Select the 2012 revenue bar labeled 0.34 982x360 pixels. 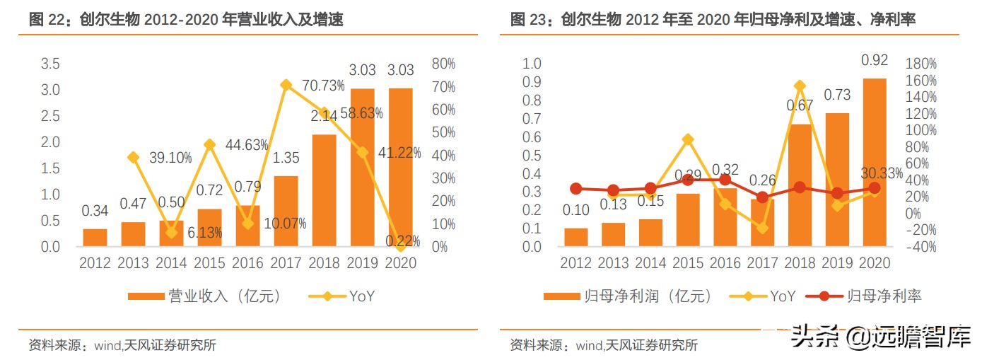click(x=95, y=238)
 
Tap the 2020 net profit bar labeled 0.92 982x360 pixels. click(x=874, y=163)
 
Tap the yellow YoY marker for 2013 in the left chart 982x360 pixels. click(x=132, y=157)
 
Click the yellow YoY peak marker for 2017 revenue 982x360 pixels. click(x=286, y=85)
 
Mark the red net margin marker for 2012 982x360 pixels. click(x=576, y=189)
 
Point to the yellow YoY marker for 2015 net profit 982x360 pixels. click(x=688, y=139)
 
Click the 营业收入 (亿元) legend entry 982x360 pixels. click(x=204, y=296)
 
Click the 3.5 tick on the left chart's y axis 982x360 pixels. click(x=50, y=64)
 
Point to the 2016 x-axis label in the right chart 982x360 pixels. click(x=725, y=263)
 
